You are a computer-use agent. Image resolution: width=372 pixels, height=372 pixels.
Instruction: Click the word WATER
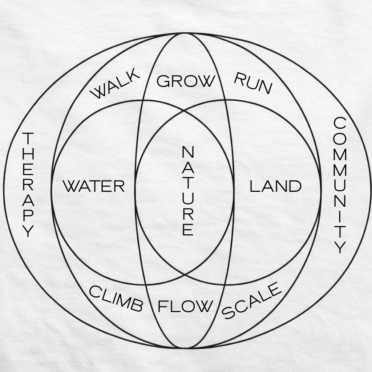coord(94,186)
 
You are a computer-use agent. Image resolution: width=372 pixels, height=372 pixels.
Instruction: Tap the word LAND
coord(275,186)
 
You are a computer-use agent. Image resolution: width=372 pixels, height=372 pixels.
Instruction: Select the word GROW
coord(185,81)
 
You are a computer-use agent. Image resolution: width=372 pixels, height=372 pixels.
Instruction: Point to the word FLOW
coord(185,307)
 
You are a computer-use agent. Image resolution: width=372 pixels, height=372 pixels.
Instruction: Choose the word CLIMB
coord(116,299)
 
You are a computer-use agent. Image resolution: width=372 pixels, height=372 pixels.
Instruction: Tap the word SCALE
coord(252,301)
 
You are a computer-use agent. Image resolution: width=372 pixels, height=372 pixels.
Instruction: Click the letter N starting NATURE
coord(188,152)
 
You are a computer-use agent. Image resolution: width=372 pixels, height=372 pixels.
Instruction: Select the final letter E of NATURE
coord(188,230)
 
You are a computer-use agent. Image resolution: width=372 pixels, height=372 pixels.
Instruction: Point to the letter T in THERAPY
coord(28,138)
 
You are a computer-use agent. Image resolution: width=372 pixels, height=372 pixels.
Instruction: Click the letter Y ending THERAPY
coord(28,231)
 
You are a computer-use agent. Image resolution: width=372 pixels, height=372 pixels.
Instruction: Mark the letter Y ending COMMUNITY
coord(340,248)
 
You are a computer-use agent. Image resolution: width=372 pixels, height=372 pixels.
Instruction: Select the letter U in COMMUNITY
coord(340,185)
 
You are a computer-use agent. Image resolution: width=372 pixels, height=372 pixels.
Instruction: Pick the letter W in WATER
coord(71,186)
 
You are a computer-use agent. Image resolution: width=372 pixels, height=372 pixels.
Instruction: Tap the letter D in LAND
coord(295,186)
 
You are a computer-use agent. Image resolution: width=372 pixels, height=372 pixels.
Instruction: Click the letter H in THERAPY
coord(28,154)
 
